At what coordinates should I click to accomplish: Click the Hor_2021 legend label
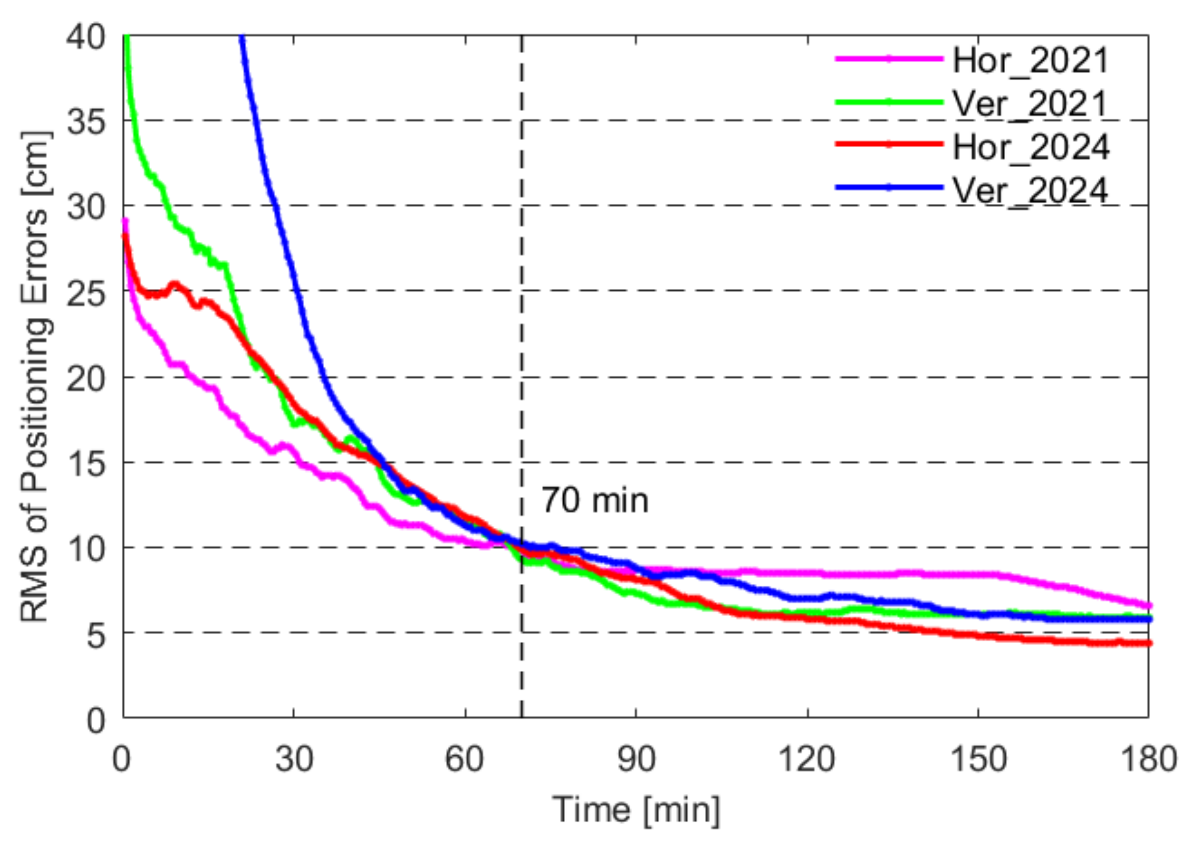tap(1030, 61)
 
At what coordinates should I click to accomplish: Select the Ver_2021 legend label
tap(1029, 104)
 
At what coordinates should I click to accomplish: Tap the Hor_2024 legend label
tap(1030, 147)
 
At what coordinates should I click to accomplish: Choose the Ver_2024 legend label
tap(1029, 191)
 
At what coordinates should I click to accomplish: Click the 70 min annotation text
tap(595, 501)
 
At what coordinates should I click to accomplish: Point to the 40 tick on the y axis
tap(85, 38)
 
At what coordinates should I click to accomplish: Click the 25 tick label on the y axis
tap(85, 293)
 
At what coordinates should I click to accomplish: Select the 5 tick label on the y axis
tap(96, 635)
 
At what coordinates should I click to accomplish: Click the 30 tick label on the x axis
tap(294, 759)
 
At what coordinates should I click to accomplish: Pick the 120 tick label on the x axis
tap(807, 759)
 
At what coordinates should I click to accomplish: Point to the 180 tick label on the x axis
tap(1148, 759)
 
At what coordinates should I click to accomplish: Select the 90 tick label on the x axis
tap(636, 759)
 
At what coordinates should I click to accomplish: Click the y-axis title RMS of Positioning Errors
tap(35, 376)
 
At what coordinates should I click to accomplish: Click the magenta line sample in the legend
tap(889, 59)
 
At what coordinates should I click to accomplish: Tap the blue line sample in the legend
tap(889, 187)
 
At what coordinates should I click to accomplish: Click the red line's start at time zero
tap(125, 236)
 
